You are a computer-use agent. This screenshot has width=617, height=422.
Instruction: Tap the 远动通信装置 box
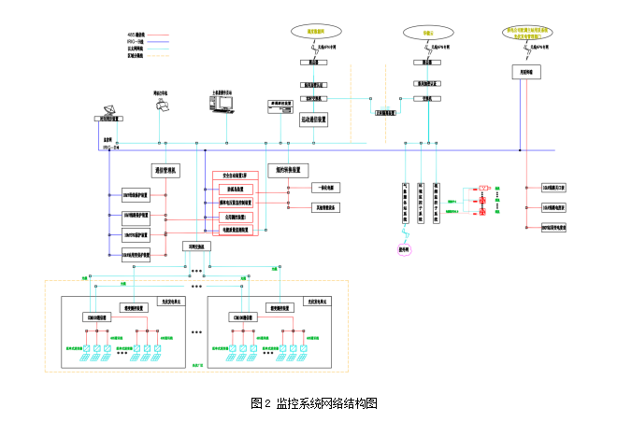tap(314, 120)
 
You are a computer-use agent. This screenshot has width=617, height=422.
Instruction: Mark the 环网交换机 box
tap(196, 246)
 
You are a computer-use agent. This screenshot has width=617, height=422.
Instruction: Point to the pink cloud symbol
tap(404, 249)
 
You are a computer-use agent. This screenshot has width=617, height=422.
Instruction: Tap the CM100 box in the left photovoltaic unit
tap(98, 317)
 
